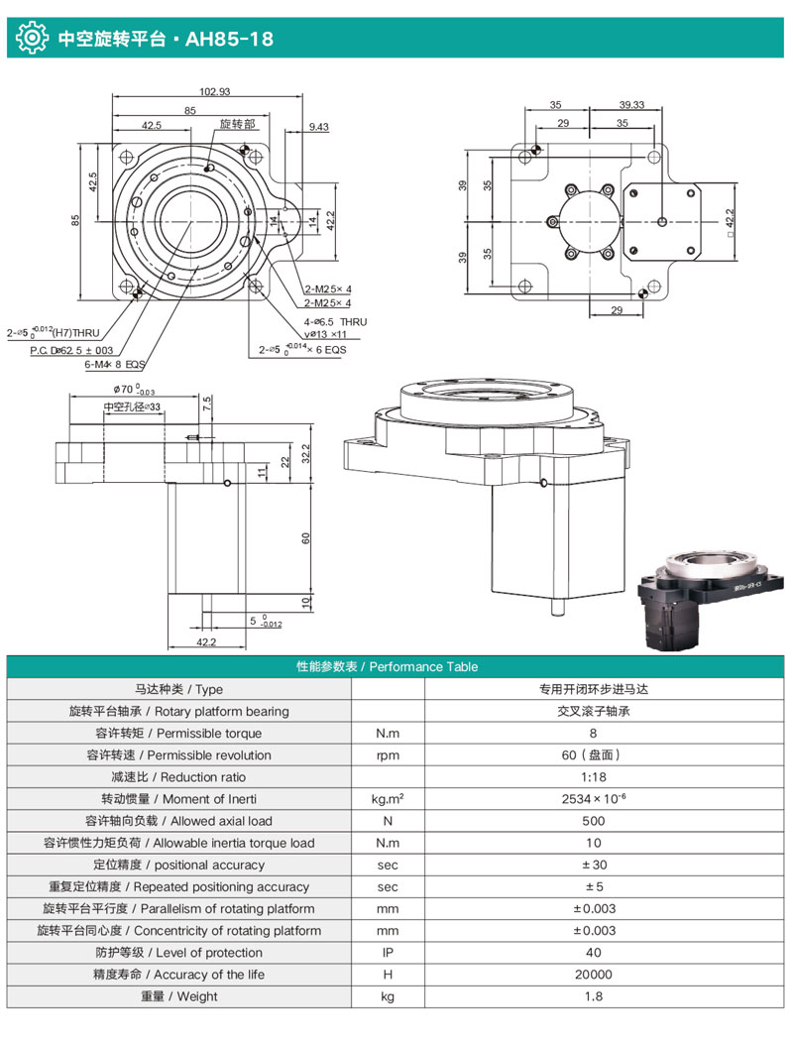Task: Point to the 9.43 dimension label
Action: pos(318,127)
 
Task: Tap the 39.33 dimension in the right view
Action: pos(631,104)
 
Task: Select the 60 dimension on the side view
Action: pos(306,537)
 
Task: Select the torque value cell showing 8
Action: pos(593,734)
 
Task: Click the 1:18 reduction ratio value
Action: pos(593,777)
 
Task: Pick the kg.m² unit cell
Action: pos(389,799)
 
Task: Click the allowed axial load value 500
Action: pos(593,821)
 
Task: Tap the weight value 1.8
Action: pos(593,996)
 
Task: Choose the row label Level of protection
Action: pos(178,953)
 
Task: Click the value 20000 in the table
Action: pos(593,975)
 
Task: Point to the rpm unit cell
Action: pos(389,755)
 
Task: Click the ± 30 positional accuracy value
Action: pos(593,865)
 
